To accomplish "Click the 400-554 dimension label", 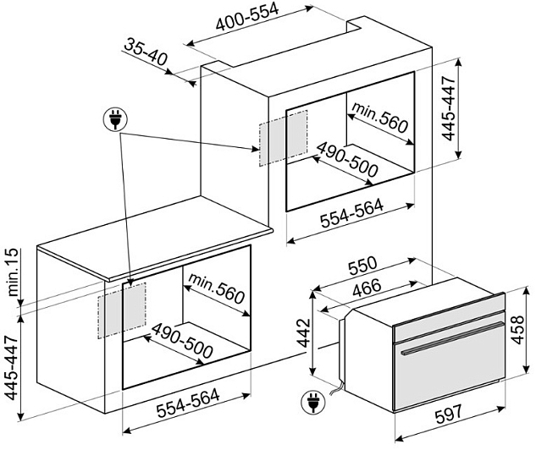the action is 247,16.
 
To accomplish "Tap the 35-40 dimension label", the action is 146,52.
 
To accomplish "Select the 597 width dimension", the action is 448,414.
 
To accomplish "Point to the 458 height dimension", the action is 517,330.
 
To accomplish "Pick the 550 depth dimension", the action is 363,266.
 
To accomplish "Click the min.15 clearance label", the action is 13,272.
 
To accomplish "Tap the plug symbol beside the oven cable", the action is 313,402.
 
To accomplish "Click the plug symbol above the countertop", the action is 115,119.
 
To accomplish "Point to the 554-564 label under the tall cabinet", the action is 351,213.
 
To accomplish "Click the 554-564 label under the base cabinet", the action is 188,403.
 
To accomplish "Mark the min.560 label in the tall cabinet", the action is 379,118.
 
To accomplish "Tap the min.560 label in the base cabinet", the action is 216,288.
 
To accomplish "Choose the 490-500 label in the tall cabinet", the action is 347,158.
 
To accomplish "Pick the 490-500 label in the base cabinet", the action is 182,341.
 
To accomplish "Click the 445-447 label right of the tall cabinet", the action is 449,108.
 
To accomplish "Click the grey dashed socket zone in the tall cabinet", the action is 283,138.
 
